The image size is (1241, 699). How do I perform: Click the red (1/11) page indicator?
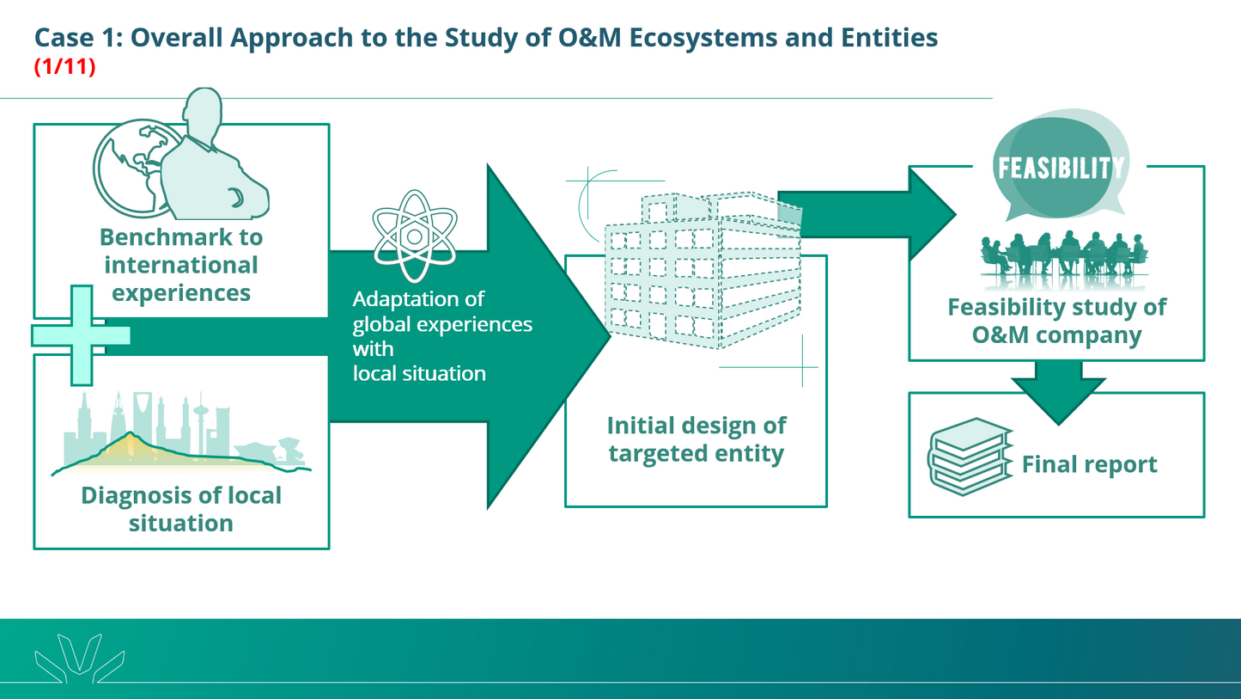click(64, 66)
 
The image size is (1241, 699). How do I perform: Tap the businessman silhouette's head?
click(202, 112)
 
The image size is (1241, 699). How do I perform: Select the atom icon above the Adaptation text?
click(415, 236)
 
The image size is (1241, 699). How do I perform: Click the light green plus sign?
click(82, 334)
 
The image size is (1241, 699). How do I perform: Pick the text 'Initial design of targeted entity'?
click(696, 439)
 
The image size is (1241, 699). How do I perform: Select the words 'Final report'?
click(1089, 465)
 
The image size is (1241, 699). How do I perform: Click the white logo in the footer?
click(80, 658)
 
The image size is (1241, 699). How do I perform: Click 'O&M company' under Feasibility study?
click(1056, 334)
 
